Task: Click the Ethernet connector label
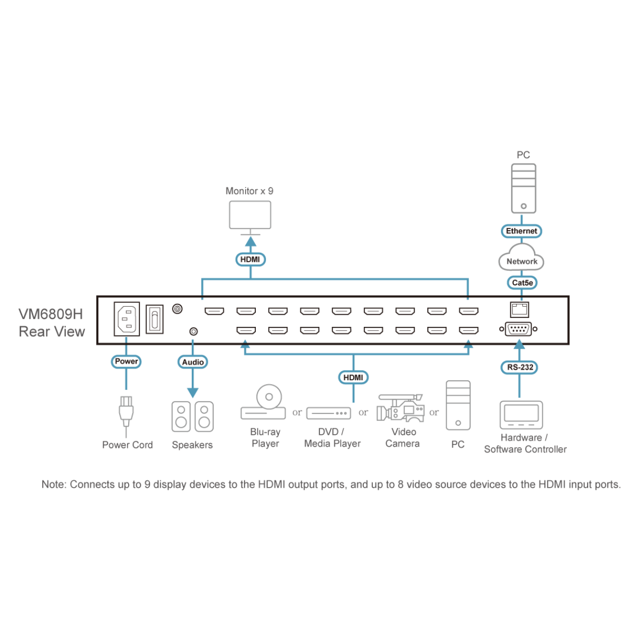pos(521,231)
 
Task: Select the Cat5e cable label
pos(522,283)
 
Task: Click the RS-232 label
pos(520,368)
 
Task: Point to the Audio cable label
pos(193,362)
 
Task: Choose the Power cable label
pos(127,362)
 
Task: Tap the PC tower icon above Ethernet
pos(523,189)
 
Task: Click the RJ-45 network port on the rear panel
pos(519,309)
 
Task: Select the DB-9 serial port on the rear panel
pos(518,329)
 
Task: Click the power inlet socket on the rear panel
pos(127,319)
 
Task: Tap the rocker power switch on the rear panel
pos(154,319)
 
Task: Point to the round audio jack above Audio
pos(193,332)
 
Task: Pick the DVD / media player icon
pos(328,413)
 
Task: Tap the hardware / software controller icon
pos(521,415)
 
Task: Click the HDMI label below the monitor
pos(250,260)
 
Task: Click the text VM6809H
pos(51,314)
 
